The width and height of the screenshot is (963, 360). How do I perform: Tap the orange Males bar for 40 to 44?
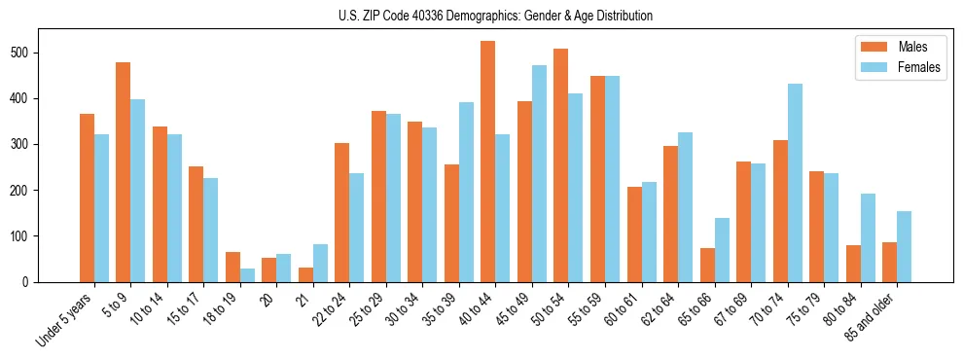click(488, 162)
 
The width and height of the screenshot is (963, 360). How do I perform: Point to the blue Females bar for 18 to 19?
click(247, 275)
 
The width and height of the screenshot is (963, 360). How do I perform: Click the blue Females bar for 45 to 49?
click(539, 173)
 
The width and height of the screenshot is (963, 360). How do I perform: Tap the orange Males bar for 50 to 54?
click(561, 165)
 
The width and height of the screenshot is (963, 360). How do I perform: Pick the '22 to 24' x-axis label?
click(329, 309)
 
